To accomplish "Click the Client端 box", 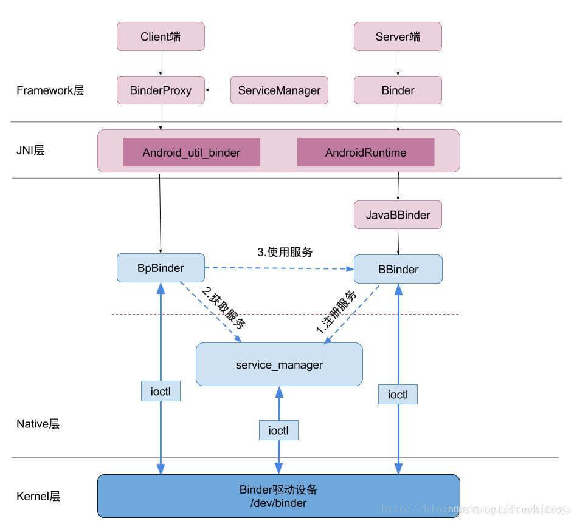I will coord(161,36).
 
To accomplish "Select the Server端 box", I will coord(398,36).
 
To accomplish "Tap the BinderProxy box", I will coord(161,90).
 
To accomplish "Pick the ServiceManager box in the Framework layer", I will coord(279,90).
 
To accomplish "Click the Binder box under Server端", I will coord(398,90).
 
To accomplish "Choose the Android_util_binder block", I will coord(192,152).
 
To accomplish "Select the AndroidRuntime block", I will coord(365,152).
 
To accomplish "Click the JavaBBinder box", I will coord(398,215).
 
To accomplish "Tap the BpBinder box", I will coord(161,268).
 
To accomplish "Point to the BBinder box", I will coord(398,269).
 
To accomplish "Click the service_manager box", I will coord(279,365).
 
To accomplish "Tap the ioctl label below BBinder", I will coord(398,395).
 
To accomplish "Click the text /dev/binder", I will coord(279,503).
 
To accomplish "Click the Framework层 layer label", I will coord(50,90).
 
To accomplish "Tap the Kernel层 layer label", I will coord(38,496).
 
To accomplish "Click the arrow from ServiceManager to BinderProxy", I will coord(218,90).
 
